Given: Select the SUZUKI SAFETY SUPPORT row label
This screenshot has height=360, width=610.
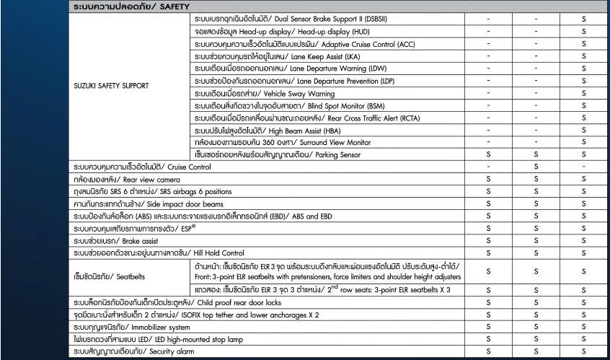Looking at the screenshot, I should click(111, 86).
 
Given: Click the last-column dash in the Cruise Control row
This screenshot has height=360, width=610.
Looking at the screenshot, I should click(583, 167).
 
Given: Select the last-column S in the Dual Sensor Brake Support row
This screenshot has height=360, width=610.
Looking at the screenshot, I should click(583, 19).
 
